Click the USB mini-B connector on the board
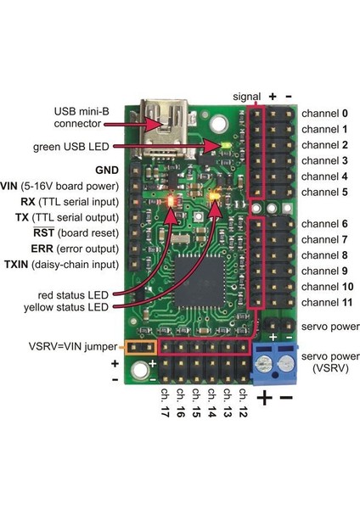pos(166,119)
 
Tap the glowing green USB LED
pos(224,145)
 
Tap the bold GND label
pos(106,170)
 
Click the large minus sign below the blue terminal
pos(286,397)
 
